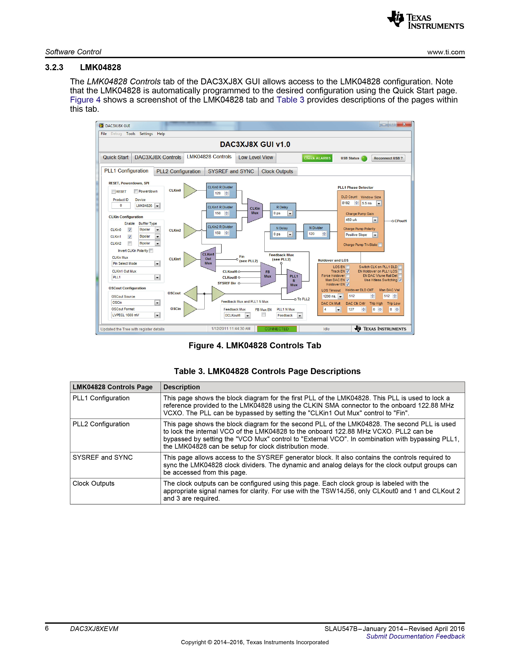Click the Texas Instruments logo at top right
tap(425, 20)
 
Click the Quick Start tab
tap(115, 157)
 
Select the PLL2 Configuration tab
tap(178, 171)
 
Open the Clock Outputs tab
tap(277, 171)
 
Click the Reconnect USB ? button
tap(388, 158)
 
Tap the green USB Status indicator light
tap(364, 158)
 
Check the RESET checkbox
tap(114, 192)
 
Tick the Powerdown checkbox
tap(136, 191)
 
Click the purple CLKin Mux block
tap(255, 211)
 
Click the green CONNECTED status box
tap(277, 329)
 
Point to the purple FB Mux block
tap(268, 274)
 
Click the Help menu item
tap(161, 134)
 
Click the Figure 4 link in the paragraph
tap(85, 100)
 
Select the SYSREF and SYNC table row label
tap(102, 457)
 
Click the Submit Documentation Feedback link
tap(415, 636)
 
